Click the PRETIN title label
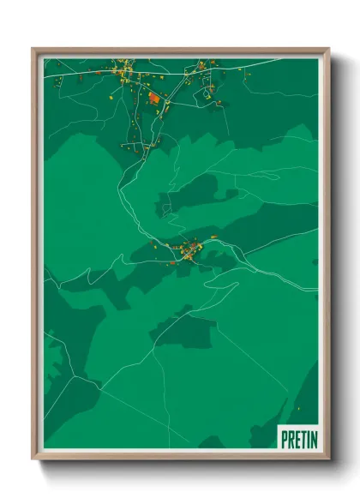click(x=298, y=440)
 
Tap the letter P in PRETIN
click(x=285, y=440)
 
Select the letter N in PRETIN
click(x=312, y=440)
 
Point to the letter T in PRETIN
click(x=302, y=440)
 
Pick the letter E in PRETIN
click(x=296, y=440)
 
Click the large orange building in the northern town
click(x=154, y=99)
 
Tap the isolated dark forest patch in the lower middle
click(x=184, y=330)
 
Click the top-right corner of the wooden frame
click(x=328, y=49)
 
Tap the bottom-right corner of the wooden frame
click(x=328, y=459)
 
